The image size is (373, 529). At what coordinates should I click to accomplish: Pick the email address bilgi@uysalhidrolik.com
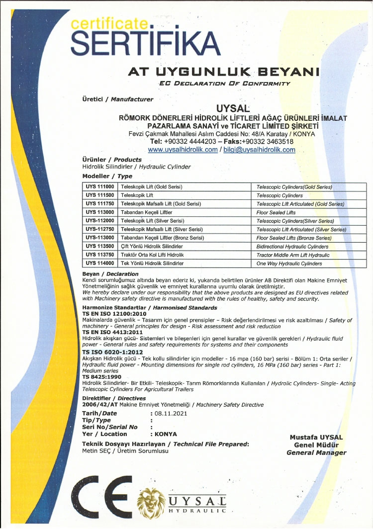click(259, 150)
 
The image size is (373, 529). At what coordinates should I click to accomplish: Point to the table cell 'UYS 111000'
click(99, 187)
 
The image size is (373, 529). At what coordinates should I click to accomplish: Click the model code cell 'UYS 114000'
click(99, 263)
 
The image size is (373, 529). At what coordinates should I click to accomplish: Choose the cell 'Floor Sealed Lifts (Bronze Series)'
click(294, 238)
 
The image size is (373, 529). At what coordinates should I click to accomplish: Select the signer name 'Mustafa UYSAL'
click(316, 437)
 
